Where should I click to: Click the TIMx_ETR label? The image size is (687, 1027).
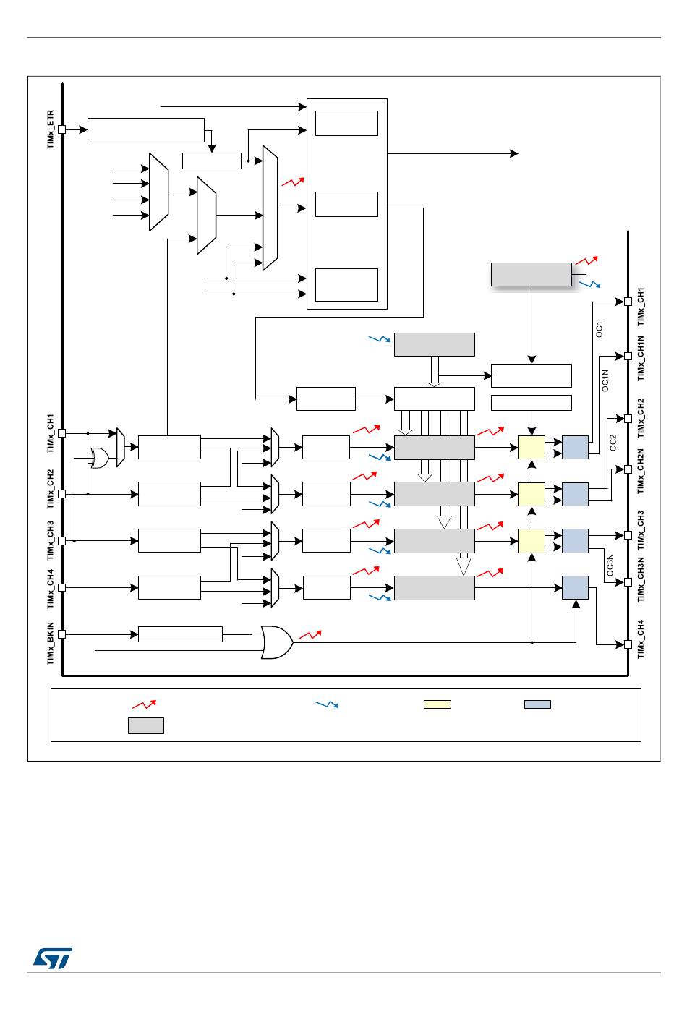click(51, 129)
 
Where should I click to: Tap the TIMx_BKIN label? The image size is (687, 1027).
click(51, 643)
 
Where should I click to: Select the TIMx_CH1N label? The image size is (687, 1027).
click(640, 358)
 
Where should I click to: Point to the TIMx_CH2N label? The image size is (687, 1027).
click(640, 471)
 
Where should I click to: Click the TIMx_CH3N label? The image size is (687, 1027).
click(640, 579)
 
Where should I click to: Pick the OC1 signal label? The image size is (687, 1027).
click(599, 329)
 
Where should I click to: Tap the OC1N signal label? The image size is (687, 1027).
click(605, 380)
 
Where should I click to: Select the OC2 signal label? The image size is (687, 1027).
click(613, 443)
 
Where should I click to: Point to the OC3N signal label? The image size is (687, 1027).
click(610, 565)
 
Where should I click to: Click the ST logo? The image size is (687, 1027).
click(53, 958)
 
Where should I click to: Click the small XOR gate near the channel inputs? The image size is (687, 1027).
click(100, 458)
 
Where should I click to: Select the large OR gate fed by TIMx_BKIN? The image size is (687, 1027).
click(277, 642)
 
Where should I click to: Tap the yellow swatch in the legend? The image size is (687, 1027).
click(438, 704)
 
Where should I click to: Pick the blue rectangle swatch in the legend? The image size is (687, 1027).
click(537, 704)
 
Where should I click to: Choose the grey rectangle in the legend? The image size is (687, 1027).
click(146, 726)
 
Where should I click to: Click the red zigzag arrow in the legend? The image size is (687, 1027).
click(144, 704)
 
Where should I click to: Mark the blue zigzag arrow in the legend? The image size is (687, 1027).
click(327, 704)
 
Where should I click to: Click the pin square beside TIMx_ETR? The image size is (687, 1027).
click(62, 129)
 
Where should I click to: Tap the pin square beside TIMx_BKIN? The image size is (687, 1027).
click(62, 634)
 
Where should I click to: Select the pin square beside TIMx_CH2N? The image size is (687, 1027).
click(628, 469)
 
